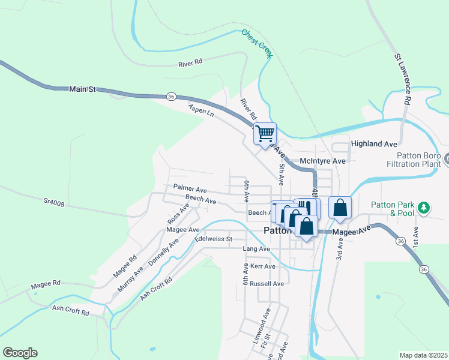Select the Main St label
pyautogui.click(x=83, y=89)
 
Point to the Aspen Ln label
pyautogui.click(x=200, y=109)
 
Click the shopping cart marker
pyautogui.click(x=265, y=133)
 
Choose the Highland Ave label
pyautogui.click(x=374, y=144)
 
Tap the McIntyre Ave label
pyautogui.click(x=322, y=161)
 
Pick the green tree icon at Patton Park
pyautogui.click(x=424, y=208)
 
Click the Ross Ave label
pyautogui.click(x=178, y=213)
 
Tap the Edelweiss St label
pyautogui.click(x=213, y=239)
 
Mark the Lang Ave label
pyautogui.click(x=256, y=248)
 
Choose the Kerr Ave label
pyautogui.click(x=263, y=266)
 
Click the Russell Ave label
pyautogui.click(x=267, y=283)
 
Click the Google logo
pyautogui.click(x=20, y=353)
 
